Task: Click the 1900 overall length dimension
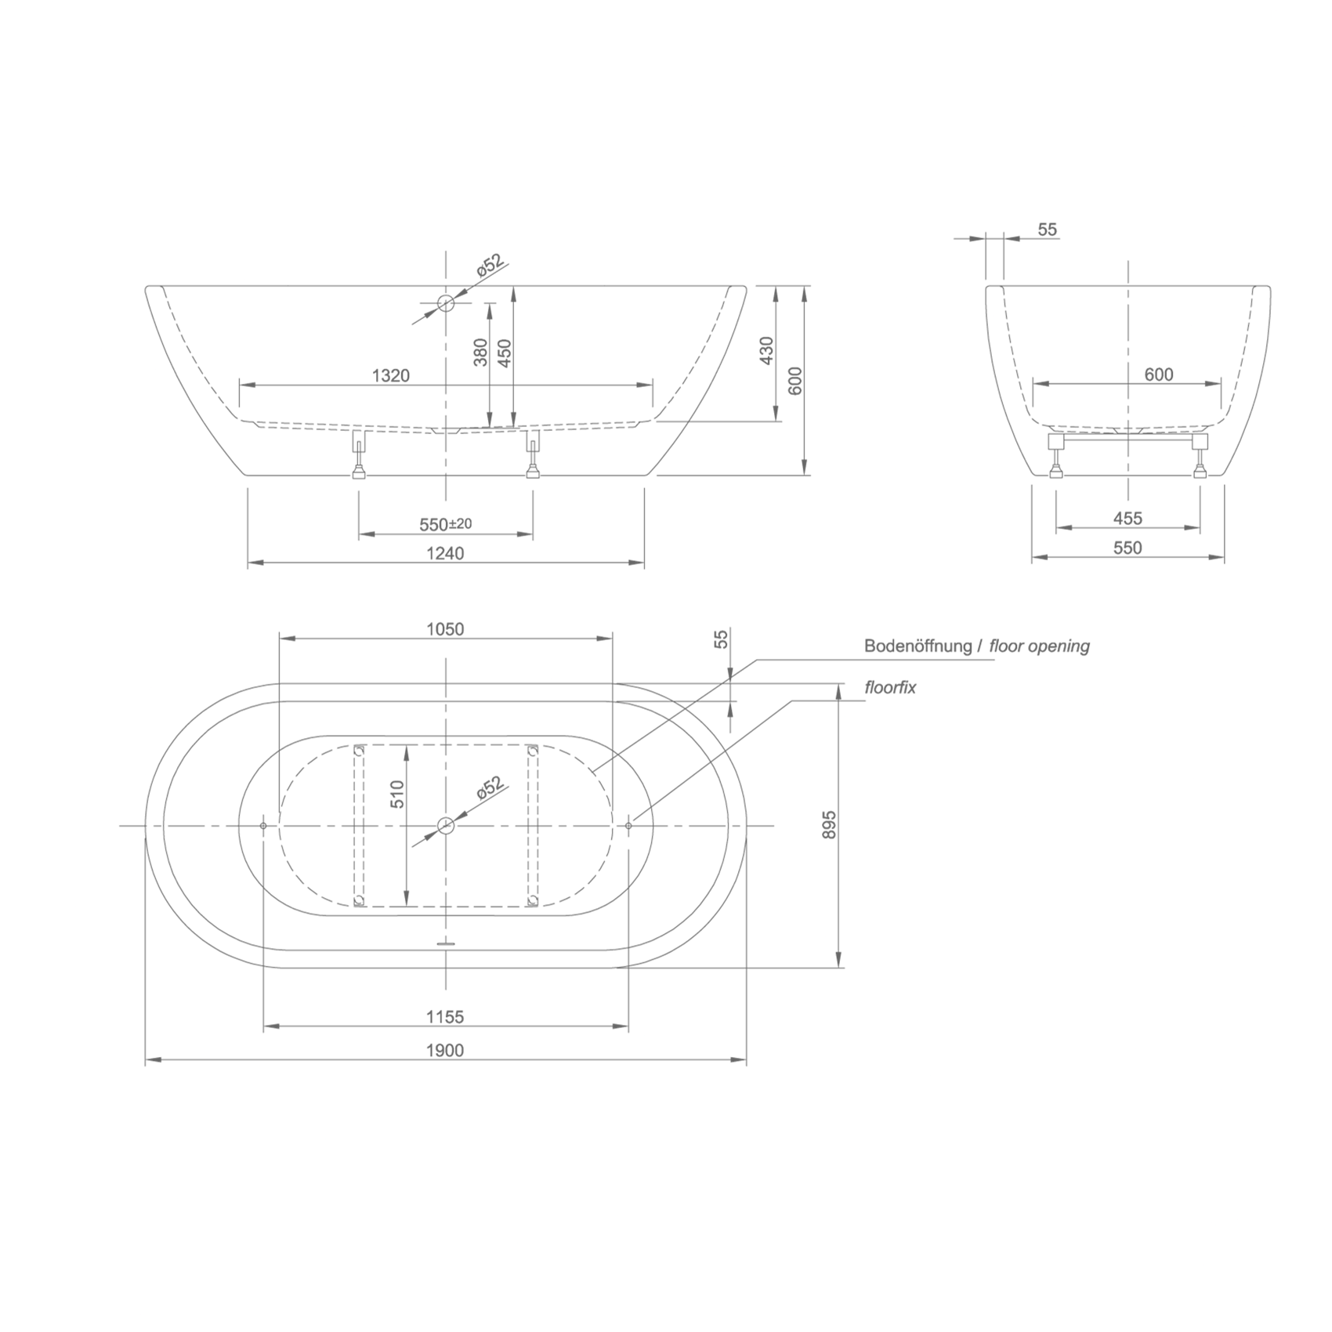(x=445, y=1050)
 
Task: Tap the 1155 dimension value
(x=445, y=1017)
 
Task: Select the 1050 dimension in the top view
(x=445, y=629)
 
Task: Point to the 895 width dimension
(x=830, y=825)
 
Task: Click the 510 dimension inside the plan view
(x=397, y=794)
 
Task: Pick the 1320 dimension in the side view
(x=391, y=375)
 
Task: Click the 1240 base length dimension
(x=445, y=553)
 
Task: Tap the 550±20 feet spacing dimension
(x=446, y=524)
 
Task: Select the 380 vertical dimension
(x=481, y=352)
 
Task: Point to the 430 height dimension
(x=767, y=350)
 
